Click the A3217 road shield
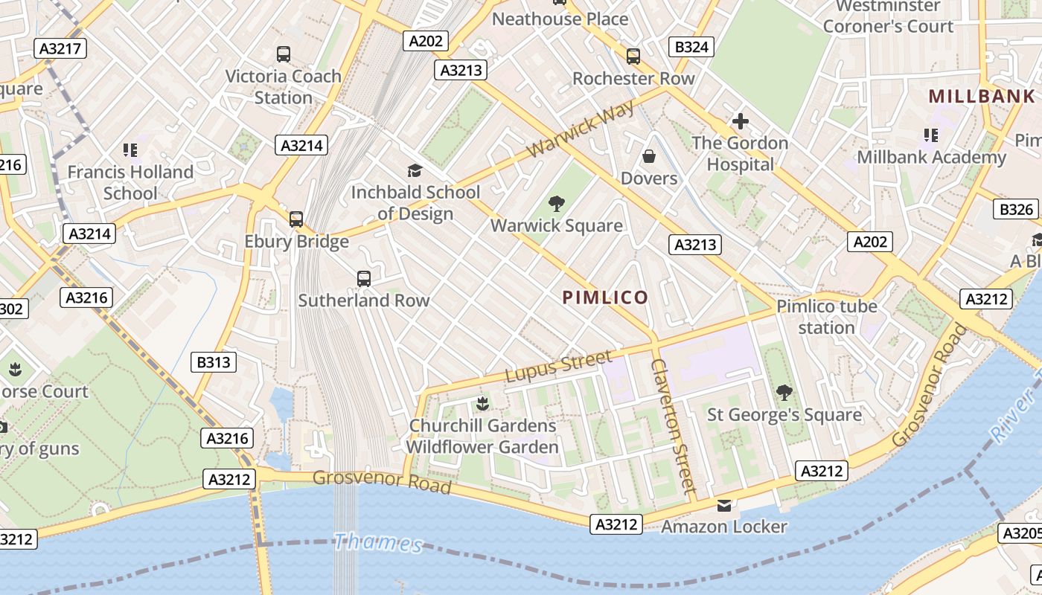coord(60,49)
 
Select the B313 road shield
coord(214,362)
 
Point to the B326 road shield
coord(1016,209)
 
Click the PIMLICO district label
coord(605,297)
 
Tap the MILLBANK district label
coord(982,96)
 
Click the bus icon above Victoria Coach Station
coord(283,54)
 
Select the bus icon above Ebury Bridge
coord(296,219)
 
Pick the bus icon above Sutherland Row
coord(363,279)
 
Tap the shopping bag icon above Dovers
coord(649,156)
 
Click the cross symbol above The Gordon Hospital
coord(740,121)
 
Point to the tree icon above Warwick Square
coord(556,204)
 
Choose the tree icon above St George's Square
coord(783,392)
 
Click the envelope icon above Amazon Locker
coord(723,506)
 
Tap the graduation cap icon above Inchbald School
coord(415,170)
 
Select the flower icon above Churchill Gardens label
coord(482,404)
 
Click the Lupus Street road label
coord(559,367)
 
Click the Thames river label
coord(377,542)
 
